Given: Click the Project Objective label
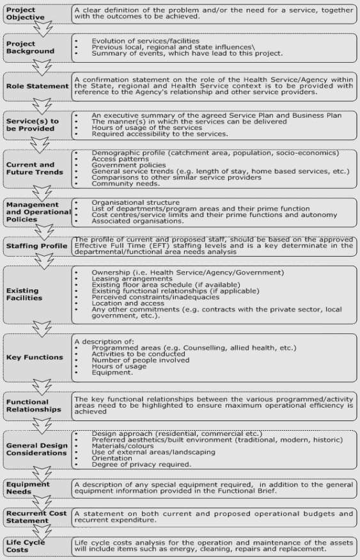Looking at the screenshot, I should coord(24,15).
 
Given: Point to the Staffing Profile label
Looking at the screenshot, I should coord(36,245).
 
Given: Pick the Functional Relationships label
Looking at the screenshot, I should coord(33,406).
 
